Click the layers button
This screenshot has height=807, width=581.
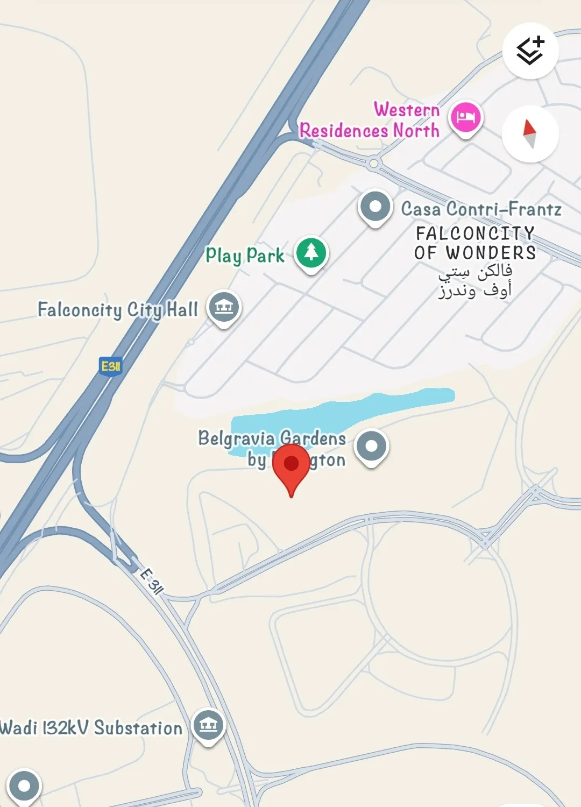[530, 51]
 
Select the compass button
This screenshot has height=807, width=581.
[530, 134]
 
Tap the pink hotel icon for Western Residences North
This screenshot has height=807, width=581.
[466, 118]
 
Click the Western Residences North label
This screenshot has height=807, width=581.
[370, 121]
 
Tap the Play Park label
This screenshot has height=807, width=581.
[245, 255]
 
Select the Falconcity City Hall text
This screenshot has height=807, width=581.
[118, 310]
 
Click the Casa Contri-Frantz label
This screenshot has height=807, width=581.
[481, 209]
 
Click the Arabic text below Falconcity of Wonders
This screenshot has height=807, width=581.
[475, 281]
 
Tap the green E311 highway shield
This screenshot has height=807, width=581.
[111, 366]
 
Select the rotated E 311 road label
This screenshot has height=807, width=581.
[151, 581]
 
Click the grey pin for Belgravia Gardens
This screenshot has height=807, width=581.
[372, 447]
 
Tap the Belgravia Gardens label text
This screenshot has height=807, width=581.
[272, 438]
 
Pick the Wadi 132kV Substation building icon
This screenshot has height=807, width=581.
[208, 726]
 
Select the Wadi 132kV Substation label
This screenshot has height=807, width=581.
[91, 728]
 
